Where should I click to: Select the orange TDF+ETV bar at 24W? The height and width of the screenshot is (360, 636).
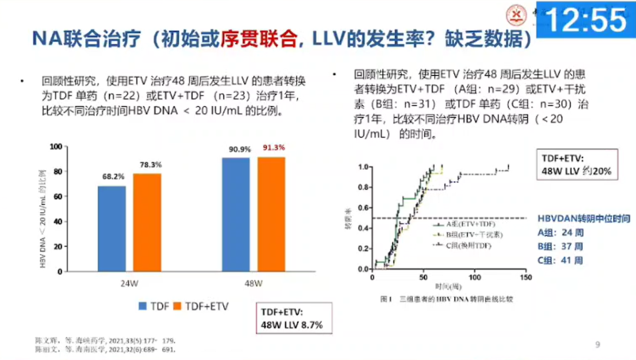(x=147, y=222)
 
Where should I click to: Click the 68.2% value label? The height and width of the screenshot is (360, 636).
(x=111, y=176)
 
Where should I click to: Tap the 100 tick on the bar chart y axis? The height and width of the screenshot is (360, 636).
(x=55, y=146)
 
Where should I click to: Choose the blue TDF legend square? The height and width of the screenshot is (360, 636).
(x=143, y=306)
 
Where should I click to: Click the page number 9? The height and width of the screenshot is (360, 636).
(x=597, y=345)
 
